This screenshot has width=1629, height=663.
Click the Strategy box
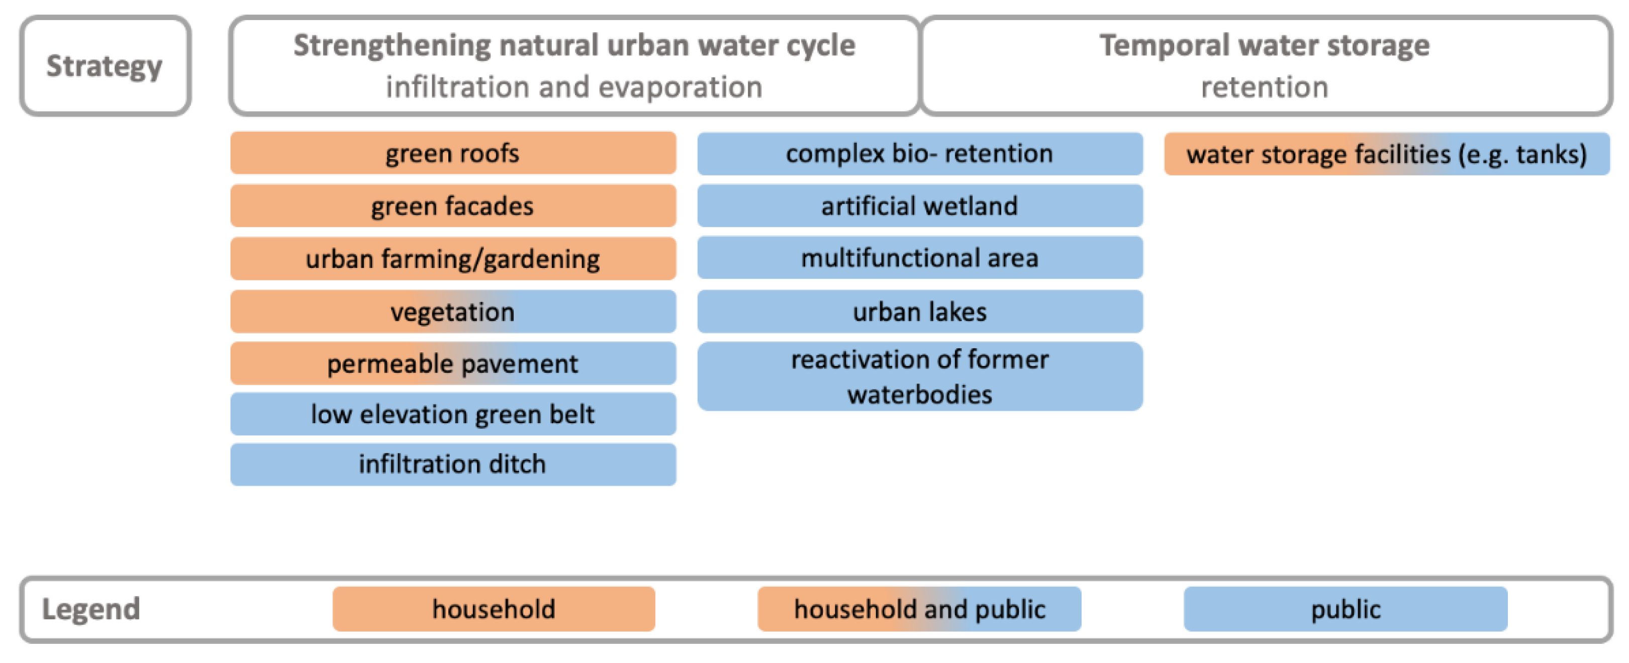[105, 66]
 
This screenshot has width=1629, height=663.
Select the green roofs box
[453, 153]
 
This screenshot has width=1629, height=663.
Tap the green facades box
[453, 206]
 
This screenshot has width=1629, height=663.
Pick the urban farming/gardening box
[453, 258]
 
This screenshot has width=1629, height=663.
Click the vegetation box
[453, 311]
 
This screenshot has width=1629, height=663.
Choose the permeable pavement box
[453, 363]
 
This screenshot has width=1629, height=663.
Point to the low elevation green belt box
[453, 414]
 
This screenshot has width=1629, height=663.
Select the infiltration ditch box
[453, 464]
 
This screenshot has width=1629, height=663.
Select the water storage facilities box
[1386, 154]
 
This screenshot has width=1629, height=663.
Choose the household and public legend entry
[919, 609]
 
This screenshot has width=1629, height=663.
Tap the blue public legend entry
[1345, 609]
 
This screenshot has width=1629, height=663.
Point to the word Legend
[91, 609]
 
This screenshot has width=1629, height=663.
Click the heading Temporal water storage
[1264, 46]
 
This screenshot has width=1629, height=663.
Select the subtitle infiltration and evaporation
[574, 86]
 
